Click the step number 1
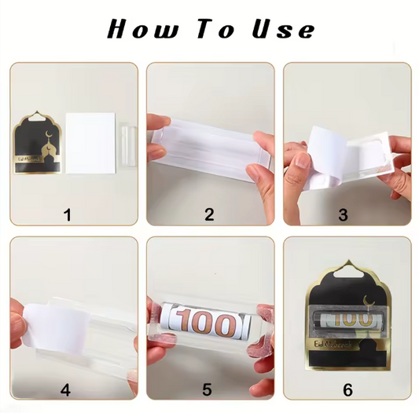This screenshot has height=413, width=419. click(x=68, y=214)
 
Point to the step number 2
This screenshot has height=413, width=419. click(x=209, y=214)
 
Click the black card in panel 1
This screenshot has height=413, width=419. click(x=38, y=149)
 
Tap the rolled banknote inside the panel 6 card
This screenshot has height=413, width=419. click(x=350, y=320)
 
